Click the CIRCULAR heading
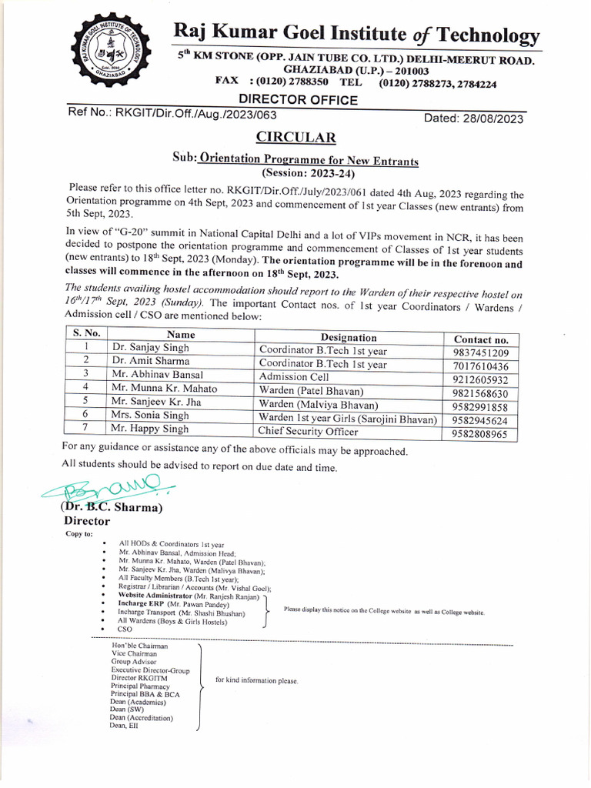click(x=296, y=139)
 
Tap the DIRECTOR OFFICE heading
click(x=298, y=99)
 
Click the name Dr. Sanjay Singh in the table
click(x=150, y=348)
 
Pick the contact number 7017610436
click(x=481, y=366)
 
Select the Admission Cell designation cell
click(x=294, y=377)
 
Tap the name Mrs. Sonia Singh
click(x=150, y=416)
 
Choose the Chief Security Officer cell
click(x=309, y=432)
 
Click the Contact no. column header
click(x=481, y=339)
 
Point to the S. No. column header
click(x=87, y=334)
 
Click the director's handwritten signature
click(x=108, y=486)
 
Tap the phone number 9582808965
click(x=481, y=435)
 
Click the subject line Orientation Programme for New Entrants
click(x=308, y=161)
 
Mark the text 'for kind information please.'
click(x=256, y=681)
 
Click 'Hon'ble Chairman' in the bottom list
click(x=139, y=646)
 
